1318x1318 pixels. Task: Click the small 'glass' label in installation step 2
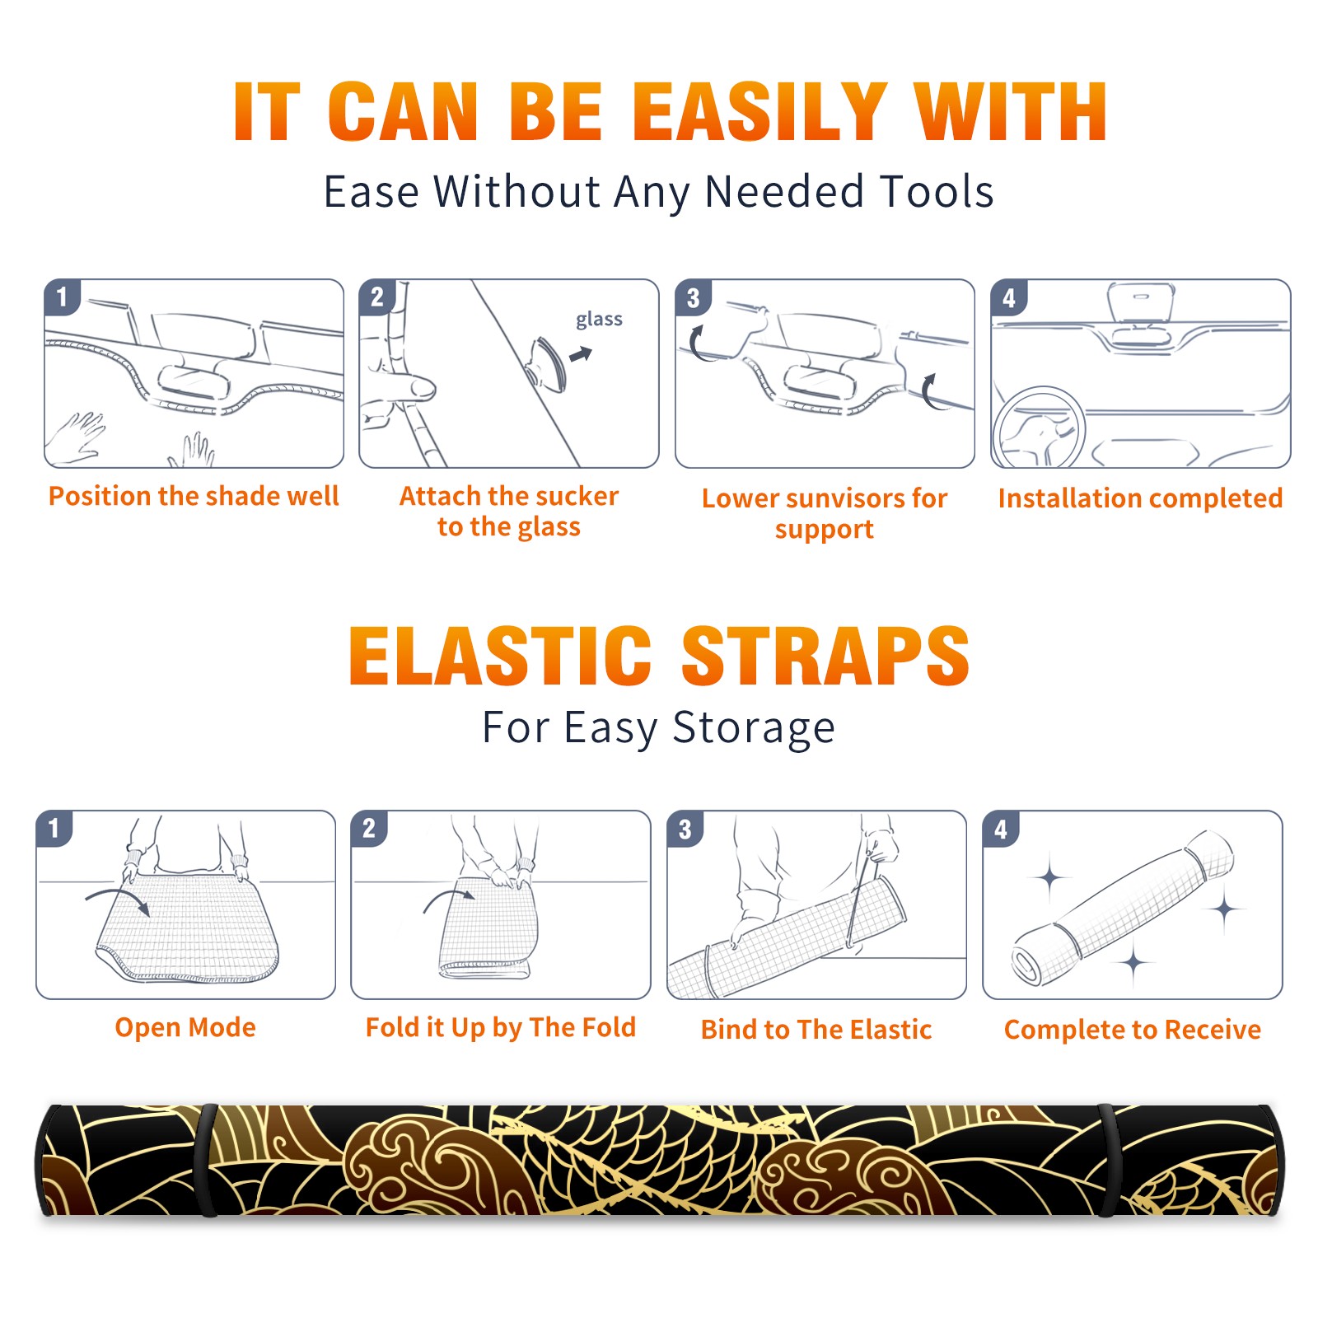[599, 319]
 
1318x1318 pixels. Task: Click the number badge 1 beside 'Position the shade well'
[62, 297]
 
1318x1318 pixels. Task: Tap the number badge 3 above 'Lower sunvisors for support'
[693, 297]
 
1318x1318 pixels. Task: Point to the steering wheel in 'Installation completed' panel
[1040, 428]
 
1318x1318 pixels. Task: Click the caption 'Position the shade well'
[194, 496]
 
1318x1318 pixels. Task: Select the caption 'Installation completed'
[1140, 498]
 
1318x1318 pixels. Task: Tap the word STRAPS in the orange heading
[825, 656]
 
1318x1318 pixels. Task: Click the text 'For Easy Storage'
[658, 727]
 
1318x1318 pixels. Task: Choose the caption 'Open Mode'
[185, 1027]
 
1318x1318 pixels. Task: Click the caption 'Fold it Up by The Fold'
[501, 1027]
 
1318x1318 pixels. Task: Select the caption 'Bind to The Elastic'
[816, 1030]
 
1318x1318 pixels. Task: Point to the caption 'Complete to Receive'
[1133, 1030]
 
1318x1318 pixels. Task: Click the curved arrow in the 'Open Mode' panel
[115, 894]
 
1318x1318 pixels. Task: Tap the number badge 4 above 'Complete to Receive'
[1001, 829]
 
